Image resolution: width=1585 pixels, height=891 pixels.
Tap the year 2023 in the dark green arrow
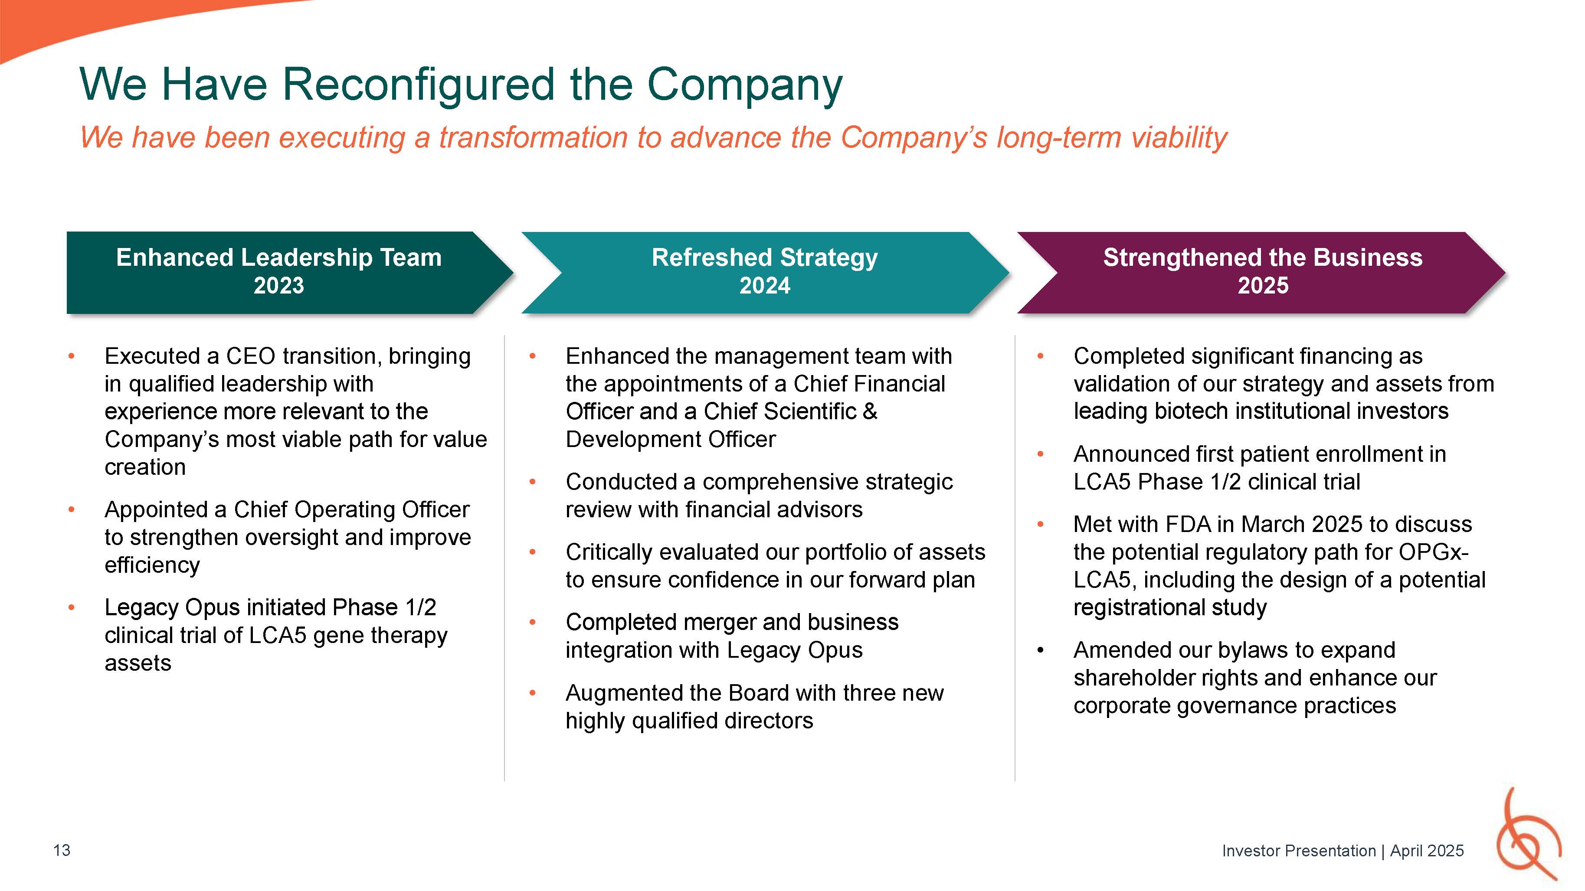click(279, 286)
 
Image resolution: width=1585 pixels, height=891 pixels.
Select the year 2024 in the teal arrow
click(764, 286)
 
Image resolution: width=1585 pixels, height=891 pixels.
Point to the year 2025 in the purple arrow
click(1263, 286)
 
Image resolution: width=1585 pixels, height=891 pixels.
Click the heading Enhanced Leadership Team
click(279, 258)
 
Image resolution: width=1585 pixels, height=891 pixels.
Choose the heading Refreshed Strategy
click(764, 258)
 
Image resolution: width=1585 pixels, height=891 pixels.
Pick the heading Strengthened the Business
click(1263, 258)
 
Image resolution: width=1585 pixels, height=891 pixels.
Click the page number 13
click(62, 850)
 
